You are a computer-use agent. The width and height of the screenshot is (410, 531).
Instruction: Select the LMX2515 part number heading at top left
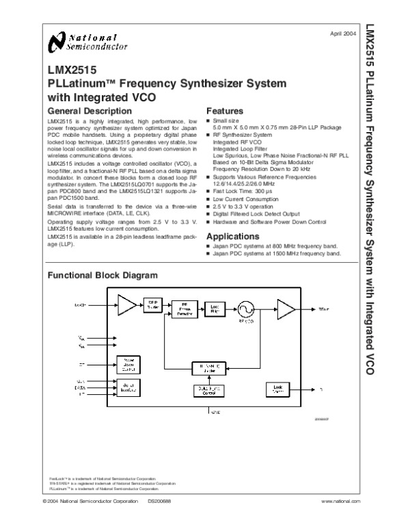pyautogui.click(x=72, y=69)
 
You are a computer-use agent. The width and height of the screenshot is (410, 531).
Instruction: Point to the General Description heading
pyautogui.click(x=89, y=111)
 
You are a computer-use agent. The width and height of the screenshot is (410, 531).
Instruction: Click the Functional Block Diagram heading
pyautogui.click(x=102, y=275)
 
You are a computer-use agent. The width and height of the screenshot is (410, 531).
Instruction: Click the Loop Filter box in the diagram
pyautogui.click(x=215, y=308)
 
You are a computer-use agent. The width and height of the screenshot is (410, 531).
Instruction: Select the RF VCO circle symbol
pyautogui.click(x=245, y=307)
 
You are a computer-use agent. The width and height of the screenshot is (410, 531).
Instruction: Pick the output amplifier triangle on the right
pyautogui.click(x=286, y=309)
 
